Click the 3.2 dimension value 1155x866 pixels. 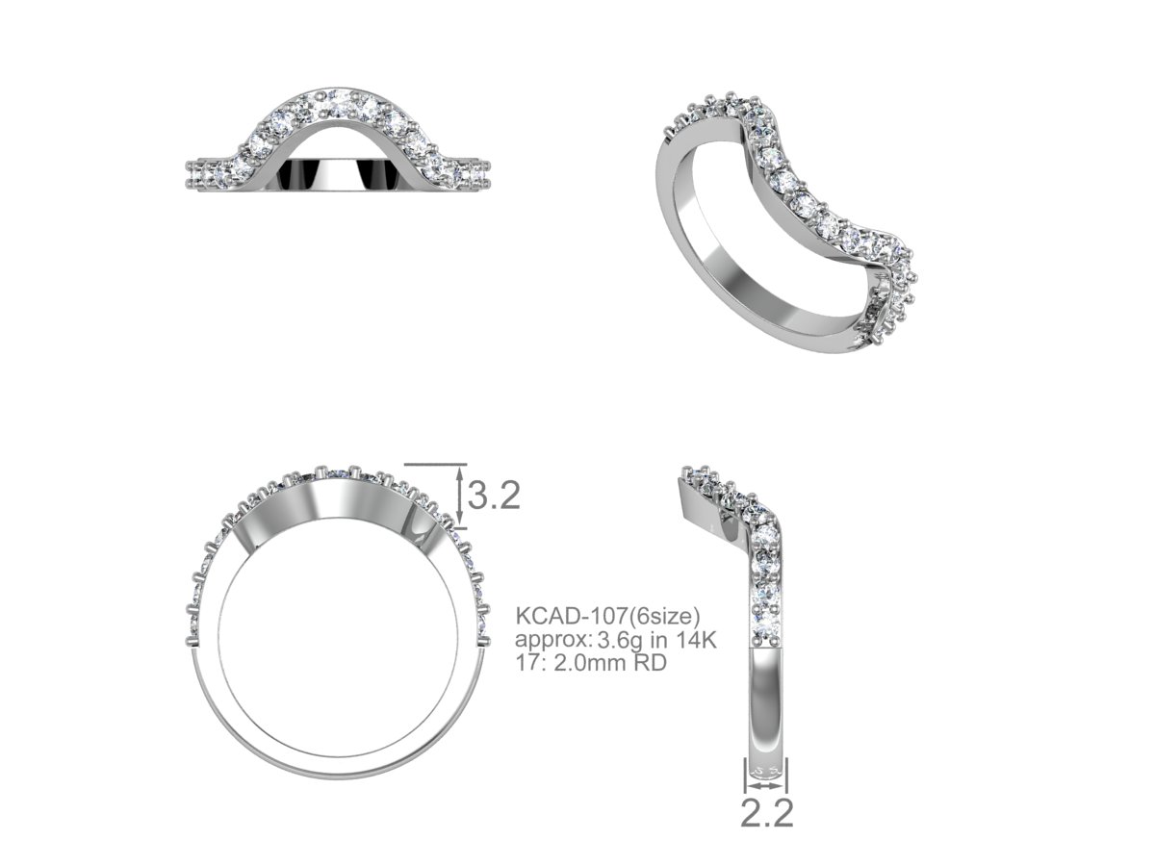point(494,496)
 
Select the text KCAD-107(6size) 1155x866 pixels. point(607,615)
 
